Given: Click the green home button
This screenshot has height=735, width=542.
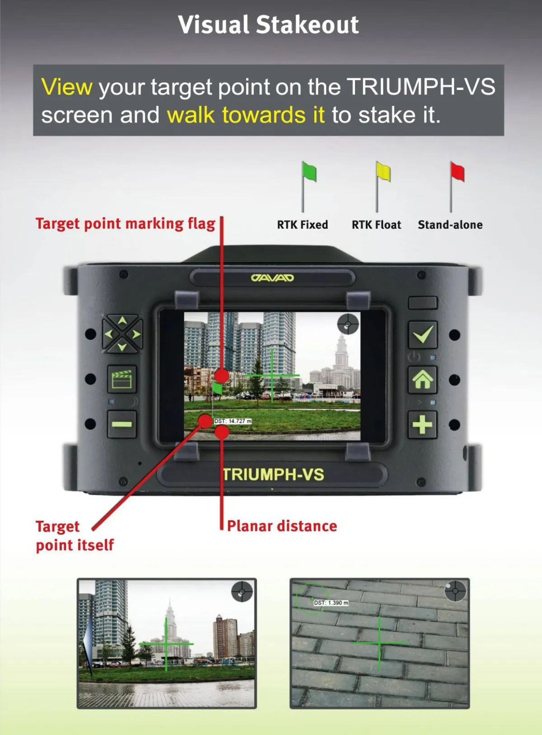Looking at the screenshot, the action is [422, 379].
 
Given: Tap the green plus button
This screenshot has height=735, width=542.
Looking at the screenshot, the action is [422, 424].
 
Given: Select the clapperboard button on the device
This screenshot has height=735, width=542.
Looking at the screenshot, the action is [122, 379].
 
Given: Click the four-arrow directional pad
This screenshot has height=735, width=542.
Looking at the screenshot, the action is [122, 334].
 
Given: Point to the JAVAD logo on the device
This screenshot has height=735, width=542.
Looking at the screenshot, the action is [272, 278].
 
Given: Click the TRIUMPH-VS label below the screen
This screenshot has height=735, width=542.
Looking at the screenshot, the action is [273, 475].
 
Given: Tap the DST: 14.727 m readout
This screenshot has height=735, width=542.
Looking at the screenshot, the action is [233, 421].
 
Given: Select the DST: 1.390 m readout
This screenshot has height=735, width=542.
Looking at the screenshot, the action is [331, 603].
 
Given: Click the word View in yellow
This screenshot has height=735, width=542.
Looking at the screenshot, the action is [66, 87].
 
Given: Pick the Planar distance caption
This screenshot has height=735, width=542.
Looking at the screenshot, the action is [282, 526].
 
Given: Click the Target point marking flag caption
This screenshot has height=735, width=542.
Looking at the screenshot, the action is [126, 224].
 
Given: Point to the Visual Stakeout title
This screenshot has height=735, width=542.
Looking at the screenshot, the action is [269, 24].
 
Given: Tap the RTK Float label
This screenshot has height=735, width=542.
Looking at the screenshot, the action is [376, 225].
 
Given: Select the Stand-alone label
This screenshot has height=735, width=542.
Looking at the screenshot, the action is [450, 225].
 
